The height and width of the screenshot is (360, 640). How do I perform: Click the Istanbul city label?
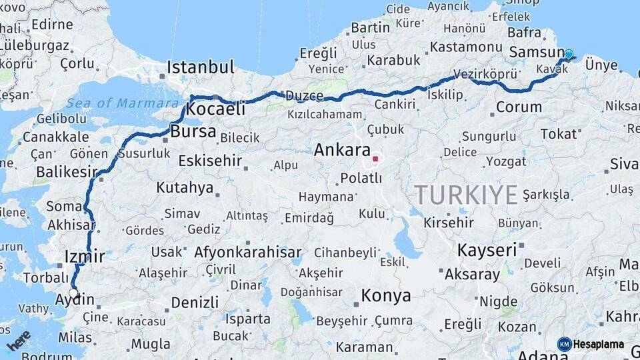point(200,67)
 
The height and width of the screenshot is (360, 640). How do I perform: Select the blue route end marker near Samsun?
point(569,55)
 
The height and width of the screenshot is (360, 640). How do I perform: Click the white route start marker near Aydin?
point(73,293)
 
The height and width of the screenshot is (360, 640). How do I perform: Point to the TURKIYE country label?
point(465,195)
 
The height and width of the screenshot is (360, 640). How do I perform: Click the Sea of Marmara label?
point(123,103)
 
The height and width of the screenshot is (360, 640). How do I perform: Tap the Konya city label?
point(385,295)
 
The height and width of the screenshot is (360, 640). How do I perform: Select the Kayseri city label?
point(487,250)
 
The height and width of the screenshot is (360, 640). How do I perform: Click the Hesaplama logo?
point(591,344)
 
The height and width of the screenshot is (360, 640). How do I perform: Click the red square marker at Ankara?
point(376,159)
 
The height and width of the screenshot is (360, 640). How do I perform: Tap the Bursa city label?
point(193,131)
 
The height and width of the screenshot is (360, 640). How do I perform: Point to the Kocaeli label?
point(216,109)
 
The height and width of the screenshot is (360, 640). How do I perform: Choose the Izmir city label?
point(85,256)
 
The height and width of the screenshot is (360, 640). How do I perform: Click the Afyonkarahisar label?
point(247,253)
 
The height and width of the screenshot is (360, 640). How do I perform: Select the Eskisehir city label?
point(210,161)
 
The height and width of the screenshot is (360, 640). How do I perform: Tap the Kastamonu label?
point(465,47)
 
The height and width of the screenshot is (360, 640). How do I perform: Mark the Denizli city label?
point(195,302)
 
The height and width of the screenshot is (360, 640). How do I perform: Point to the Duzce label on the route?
point(304,97)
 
